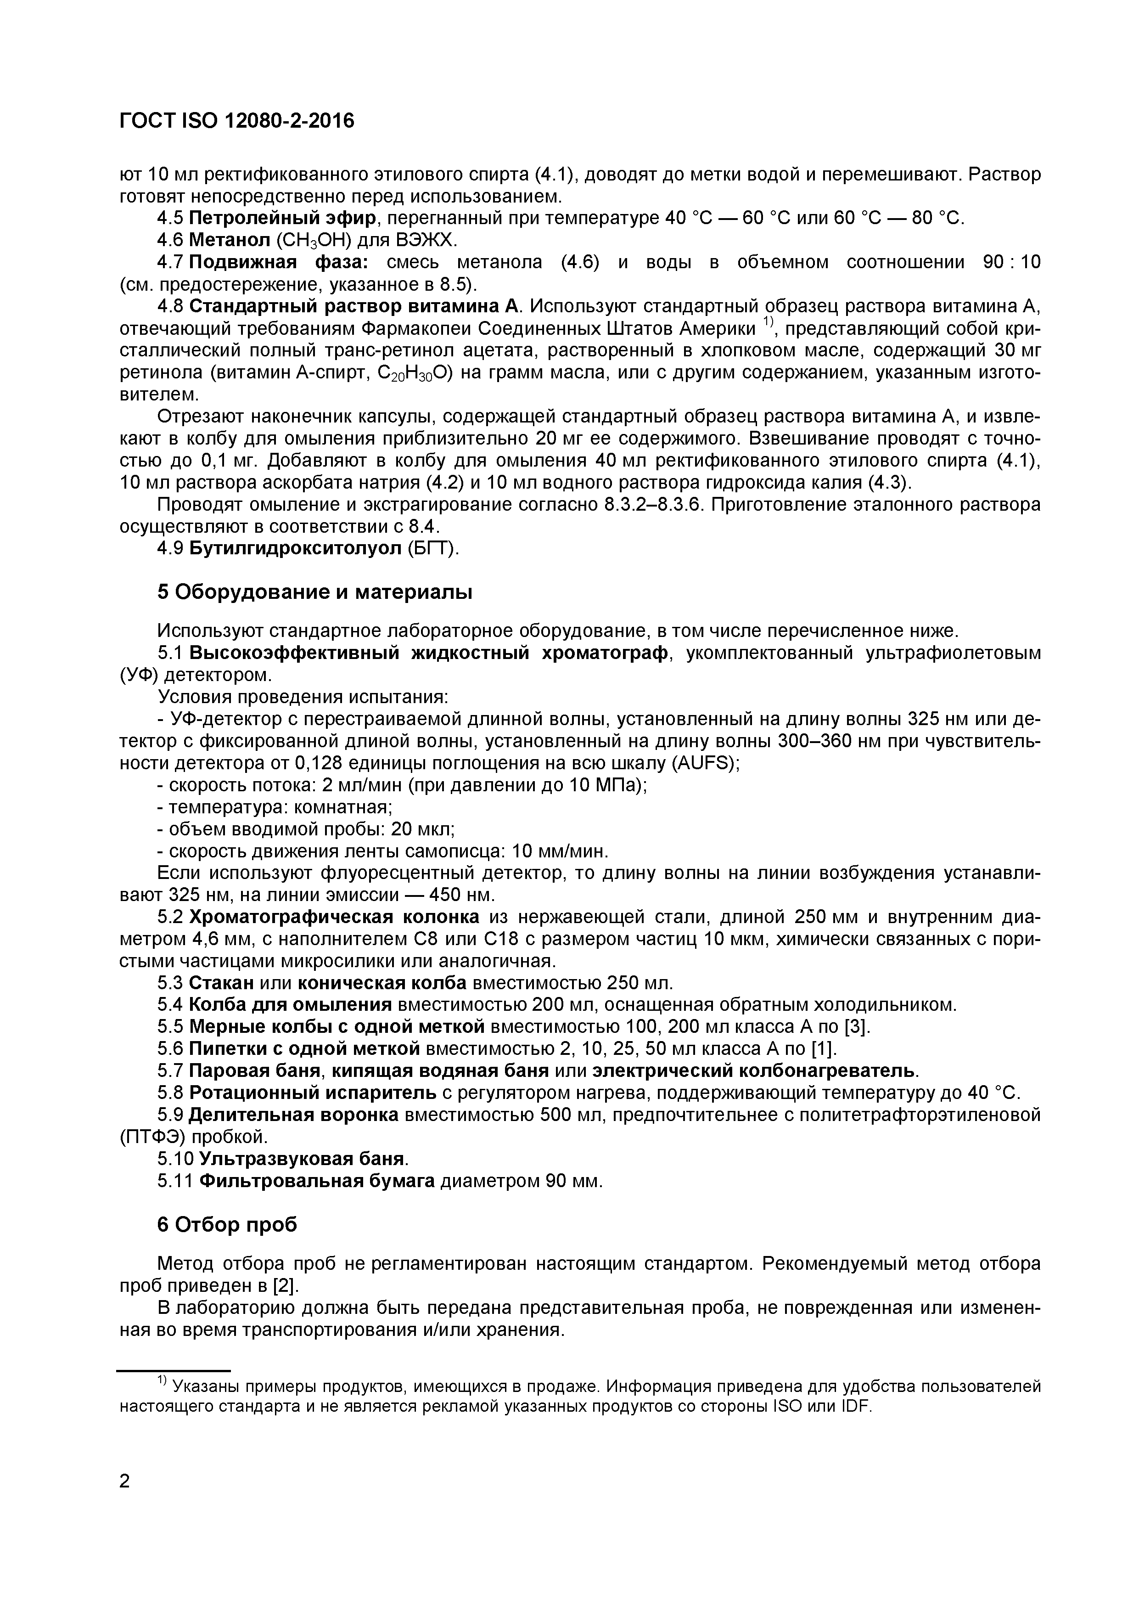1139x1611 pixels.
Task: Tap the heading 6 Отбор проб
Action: coord(226,1224)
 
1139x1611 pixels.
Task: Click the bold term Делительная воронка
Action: coord(293,1114)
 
